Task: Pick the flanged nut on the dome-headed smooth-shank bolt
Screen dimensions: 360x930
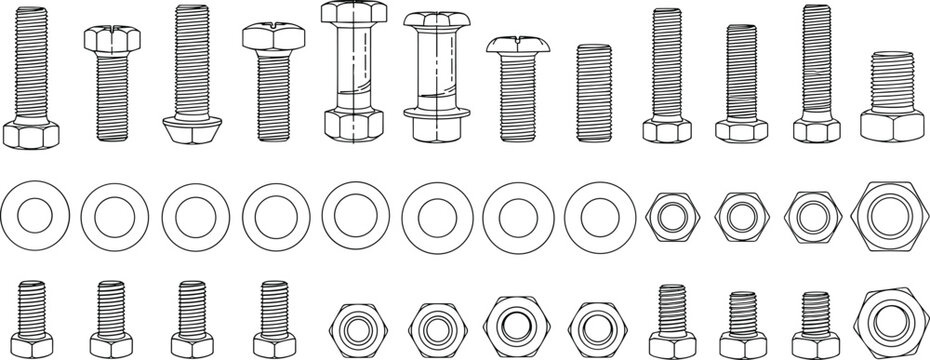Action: (437, 126)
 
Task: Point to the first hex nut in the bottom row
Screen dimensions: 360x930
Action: (353, 327)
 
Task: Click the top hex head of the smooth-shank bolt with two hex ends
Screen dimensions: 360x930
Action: (354, 15)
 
